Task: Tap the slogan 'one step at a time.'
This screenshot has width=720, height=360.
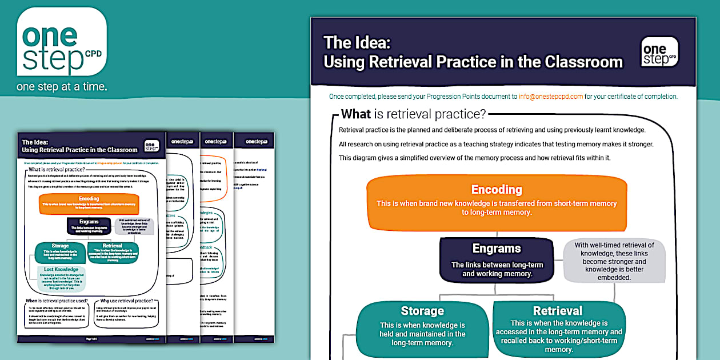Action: pyautogui.click(x=62, y=87)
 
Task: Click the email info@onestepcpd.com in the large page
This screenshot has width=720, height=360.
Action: pyautogui.click(x=551, y=97)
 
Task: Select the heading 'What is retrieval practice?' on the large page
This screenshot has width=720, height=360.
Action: pyautogui.click(x=414, y=114)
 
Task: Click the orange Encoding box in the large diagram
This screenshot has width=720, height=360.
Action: pyautogui.click(x=496, y=200)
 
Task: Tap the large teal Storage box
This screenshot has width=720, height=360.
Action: pyautogui.click(x=422, y=326)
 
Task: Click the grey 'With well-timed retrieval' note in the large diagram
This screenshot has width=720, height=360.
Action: pyautogui.click(x=614, y=261)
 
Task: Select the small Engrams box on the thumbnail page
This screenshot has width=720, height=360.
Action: pyautogui.click(x=89, y=225)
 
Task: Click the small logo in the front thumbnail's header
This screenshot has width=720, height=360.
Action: pyautogui.click(x=151, y=146)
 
